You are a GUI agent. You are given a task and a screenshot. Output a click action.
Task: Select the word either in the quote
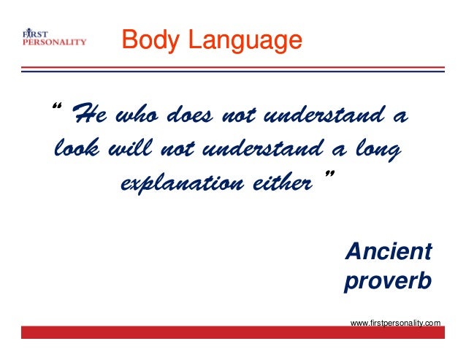point(280,183)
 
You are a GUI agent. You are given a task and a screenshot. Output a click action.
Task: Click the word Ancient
point(387,252)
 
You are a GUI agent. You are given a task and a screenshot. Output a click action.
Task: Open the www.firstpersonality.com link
point(395,321)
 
